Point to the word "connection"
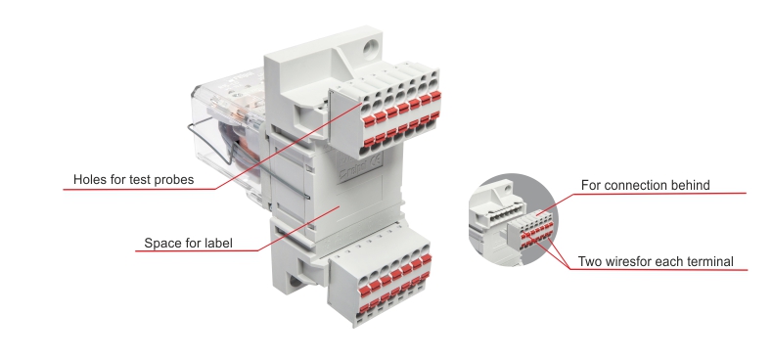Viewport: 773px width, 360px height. pyautogui.click(x=635, y=186)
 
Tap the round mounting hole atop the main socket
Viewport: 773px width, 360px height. pyautogui.click(x=370, y=48)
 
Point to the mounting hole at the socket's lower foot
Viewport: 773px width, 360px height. pyautogui.click(x=295, y=282)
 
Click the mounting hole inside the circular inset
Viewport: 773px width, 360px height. pyautogui.click(x=504, y=188)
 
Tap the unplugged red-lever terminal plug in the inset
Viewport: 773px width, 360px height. pyautogui.click(x=531, y=232)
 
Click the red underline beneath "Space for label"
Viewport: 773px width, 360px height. pyautogui.click(x=198, y=251)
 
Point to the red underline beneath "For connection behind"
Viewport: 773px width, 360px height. pyautogui.click(x=659, y=194)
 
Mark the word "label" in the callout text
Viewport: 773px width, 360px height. pyautogui.click(x=217, y=243)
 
